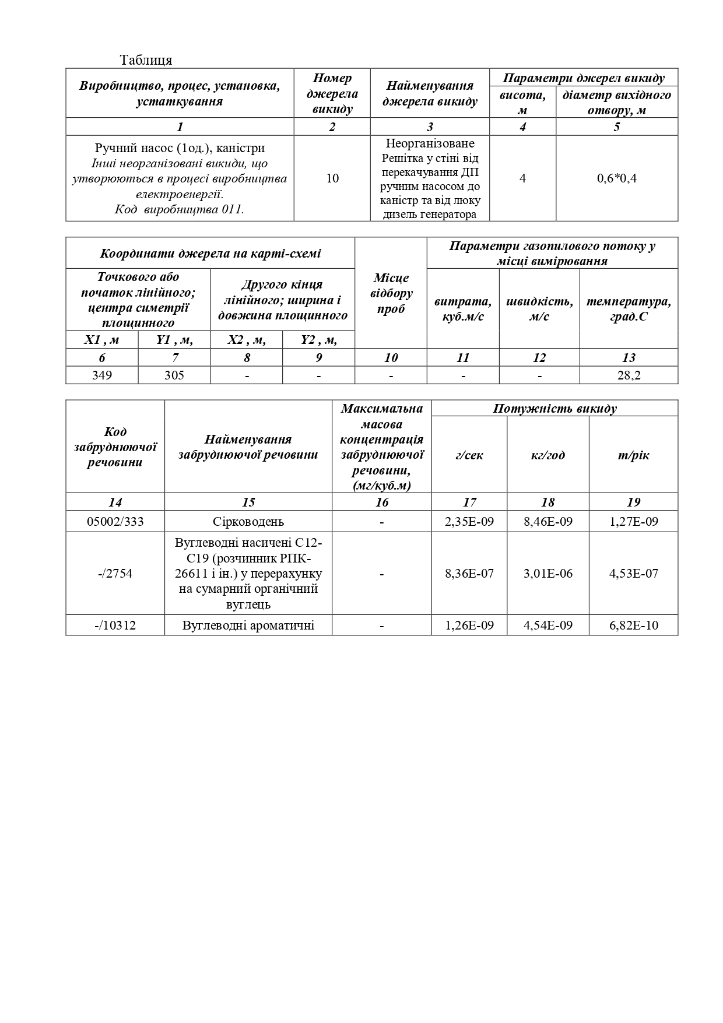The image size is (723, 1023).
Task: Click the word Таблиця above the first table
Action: tap(146, 60)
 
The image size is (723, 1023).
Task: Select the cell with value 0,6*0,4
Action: tap(616, 178)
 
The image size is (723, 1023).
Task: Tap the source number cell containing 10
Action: tap(332, 178)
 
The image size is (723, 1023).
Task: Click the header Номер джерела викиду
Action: tap(332, 94)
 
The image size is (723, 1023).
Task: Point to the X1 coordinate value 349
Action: tap(102, 375)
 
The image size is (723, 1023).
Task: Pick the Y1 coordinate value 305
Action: tap(174, 375)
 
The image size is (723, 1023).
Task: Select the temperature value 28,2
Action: tap(629, 375)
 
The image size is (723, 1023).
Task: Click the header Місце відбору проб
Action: tap(391, 293)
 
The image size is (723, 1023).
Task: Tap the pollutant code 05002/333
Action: tap(115, 522)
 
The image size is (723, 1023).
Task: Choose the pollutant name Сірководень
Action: tap(248, 522)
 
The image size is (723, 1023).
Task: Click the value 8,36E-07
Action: tap(469, 574)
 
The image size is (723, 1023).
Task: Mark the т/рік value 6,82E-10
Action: tap(633, 625)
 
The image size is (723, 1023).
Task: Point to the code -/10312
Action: tap(115, 625)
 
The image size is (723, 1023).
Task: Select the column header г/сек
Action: tap(469, 455)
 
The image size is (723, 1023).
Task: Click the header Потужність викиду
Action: tap(554, 409)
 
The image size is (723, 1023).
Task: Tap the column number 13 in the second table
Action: tap(629, 357)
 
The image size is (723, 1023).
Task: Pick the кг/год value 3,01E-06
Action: tap(547, 574)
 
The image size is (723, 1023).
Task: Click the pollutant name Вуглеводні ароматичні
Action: tap(248, 625)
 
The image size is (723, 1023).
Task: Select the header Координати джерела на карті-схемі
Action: tap(210, 254)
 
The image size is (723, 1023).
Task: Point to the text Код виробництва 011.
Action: tap(179, 210)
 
